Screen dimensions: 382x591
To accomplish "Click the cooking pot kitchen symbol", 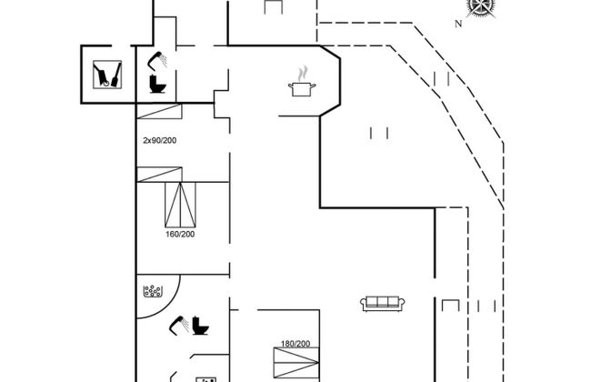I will (x=301, y=87).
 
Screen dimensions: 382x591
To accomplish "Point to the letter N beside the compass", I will (x=459, y=25).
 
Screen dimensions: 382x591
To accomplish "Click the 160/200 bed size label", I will (x=180, y=234).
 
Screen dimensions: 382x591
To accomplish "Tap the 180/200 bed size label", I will (x=296, y=343).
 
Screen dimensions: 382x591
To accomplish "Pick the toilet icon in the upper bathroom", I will (x=157, y=85).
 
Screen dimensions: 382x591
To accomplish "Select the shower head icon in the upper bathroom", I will (x=157, y=59).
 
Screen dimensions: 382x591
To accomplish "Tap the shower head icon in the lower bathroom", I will (x=178, y=322).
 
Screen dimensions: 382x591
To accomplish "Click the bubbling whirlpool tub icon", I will (x=152, y=293).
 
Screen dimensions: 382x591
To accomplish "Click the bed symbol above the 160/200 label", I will (x=181, y=205).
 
